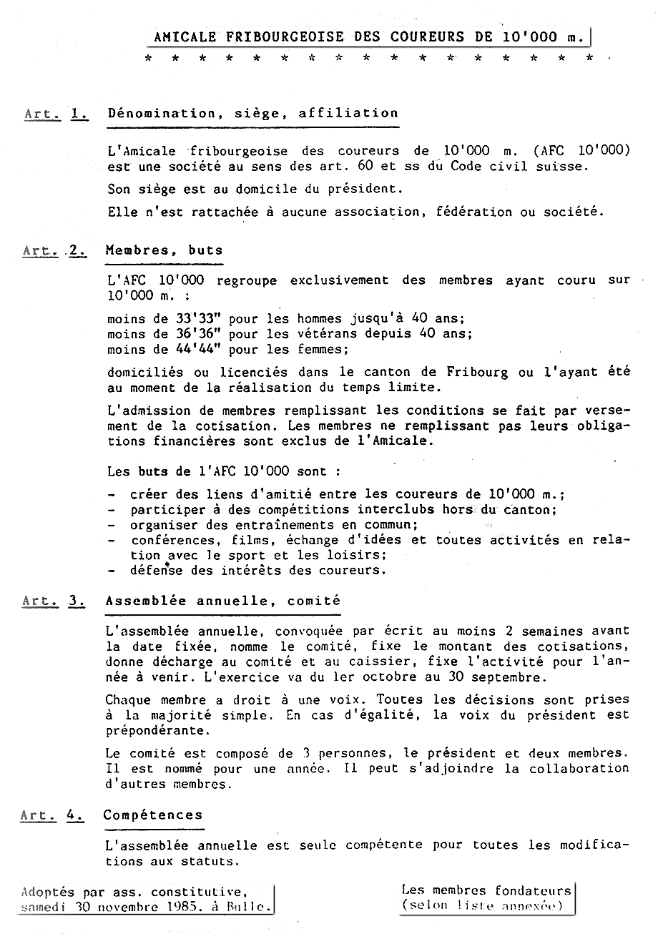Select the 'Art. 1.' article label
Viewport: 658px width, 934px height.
click(57, 113)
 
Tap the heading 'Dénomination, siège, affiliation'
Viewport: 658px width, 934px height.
click(252, 113)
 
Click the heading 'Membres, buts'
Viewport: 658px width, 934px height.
click(164, 250)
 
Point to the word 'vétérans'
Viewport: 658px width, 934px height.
click(307, 334)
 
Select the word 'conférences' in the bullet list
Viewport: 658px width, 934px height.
click(172, 540)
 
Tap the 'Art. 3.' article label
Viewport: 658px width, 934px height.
click(54, 601)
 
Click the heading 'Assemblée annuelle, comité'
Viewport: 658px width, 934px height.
click(223, 601)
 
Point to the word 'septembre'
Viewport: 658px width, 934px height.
click(513, 677)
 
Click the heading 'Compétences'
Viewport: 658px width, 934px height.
click(153, 815)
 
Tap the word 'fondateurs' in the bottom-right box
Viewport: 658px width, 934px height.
click(534, 890)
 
